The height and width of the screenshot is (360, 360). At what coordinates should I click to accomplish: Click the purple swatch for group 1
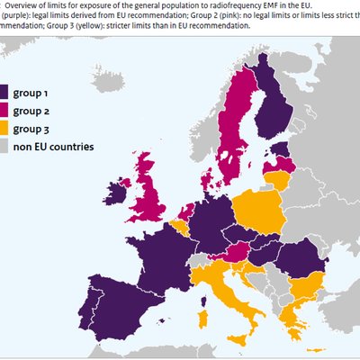(18, 91)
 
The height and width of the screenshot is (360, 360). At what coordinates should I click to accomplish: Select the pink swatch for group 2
(18, 110)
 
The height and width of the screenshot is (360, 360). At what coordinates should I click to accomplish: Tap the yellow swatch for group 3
(18, 128)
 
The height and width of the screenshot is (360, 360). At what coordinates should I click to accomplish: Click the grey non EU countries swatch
(18, 146)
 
